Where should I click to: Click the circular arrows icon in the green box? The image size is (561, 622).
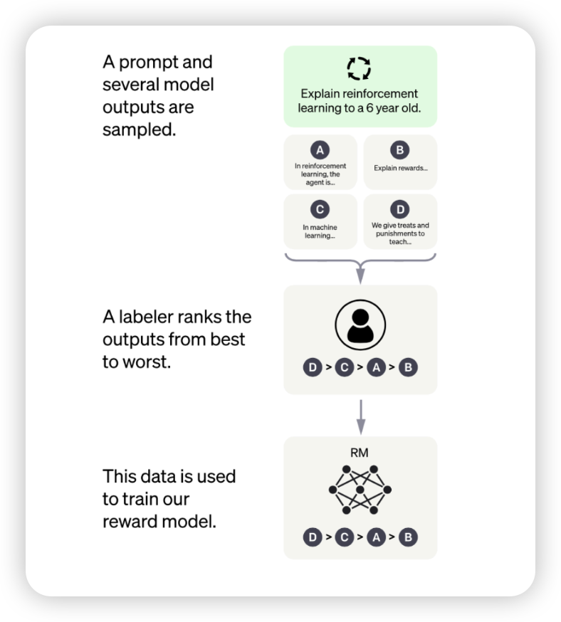359,68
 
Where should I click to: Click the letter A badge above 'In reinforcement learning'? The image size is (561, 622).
320,150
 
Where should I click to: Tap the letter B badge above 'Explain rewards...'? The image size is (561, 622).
400,150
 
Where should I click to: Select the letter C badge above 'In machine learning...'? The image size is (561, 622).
320,209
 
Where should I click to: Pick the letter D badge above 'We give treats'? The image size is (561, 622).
400,209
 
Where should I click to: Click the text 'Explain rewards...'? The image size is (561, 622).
400,169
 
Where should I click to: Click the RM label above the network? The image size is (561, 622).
360,452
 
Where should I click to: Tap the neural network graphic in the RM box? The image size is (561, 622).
360,490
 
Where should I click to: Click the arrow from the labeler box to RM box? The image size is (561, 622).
360,416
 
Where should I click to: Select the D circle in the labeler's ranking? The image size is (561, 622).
312,368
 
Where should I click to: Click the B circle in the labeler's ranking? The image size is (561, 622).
408,368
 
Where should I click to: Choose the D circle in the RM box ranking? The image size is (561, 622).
312,537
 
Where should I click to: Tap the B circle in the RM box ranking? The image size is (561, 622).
408,537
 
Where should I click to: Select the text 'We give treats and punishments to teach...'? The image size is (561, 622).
400,233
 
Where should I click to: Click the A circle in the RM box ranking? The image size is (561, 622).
376,537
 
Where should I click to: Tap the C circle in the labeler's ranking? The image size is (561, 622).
344,368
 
